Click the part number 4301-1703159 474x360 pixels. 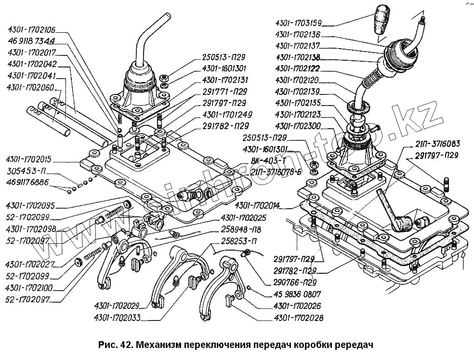[x=298, y=22]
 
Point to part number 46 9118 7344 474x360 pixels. [x=31, y=41]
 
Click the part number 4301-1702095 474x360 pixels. [x=31, y=205]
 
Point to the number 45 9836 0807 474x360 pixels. [x=296, y=294]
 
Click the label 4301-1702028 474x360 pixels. [x=298, y=318]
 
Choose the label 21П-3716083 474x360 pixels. [x=437, y=144]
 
